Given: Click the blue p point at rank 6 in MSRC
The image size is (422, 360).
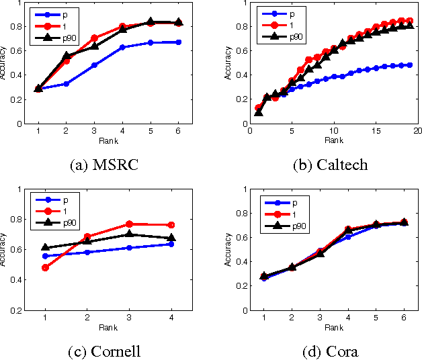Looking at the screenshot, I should click(178, 42).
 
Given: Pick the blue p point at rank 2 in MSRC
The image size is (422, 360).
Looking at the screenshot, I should click(66, 84).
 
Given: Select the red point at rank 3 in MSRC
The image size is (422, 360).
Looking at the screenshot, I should click(94, 38).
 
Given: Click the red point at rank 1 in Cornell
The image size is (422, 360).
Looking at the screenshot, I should click(45, 268).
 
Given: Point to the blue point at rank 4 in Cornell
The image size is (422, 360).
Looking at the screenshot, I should click(171, 244).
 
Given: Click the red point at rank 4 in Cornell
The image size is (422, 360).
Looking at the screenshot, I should click(171, 225).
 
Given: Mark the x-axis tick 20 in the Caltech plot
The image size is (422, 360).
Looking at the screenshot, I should click(417, 131).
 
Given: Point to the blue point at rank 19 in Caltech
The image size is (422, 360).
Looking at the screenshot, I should click(408, 65).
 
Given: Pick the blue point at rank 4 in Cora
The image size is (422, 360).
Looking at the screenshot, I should click(348, 237).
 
